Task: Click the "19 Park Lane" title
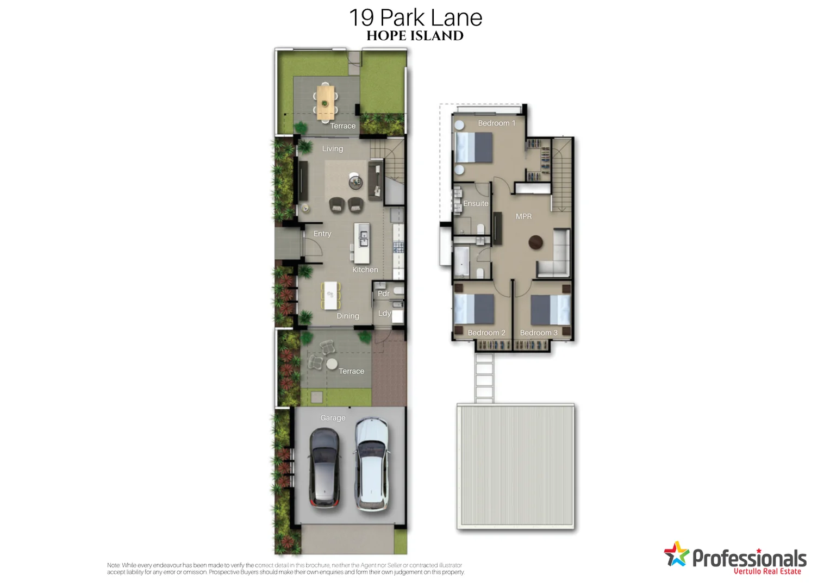coord(415,18)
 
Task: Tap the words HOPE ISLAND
coord(415,36)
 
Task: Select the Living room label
coord(333,148)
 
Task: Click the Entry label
coord(322,234)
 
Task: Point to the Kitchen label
coord(365,270)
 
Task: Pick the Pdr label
coord(384,293)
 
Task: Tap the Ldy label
coord(384,313)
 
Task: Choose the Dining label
coord(348,316)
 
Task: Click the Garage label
coord(333,418)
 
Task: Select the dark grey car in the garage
coord(324,467)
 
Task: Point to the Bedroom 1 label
coord(497,123)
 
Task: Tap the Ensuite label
coord(476,203)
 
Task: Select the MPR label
coord(524,216)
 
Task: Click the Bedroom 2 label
coord(486,333)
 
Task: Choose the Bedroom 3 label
coord(539,333)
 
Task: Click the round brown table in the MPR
coord(536,242)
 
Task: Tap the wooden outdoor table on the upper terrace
coord(326,102)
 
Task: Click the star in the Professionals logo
coord(676,554)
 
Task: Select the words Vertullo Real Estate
coord(767,571)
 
